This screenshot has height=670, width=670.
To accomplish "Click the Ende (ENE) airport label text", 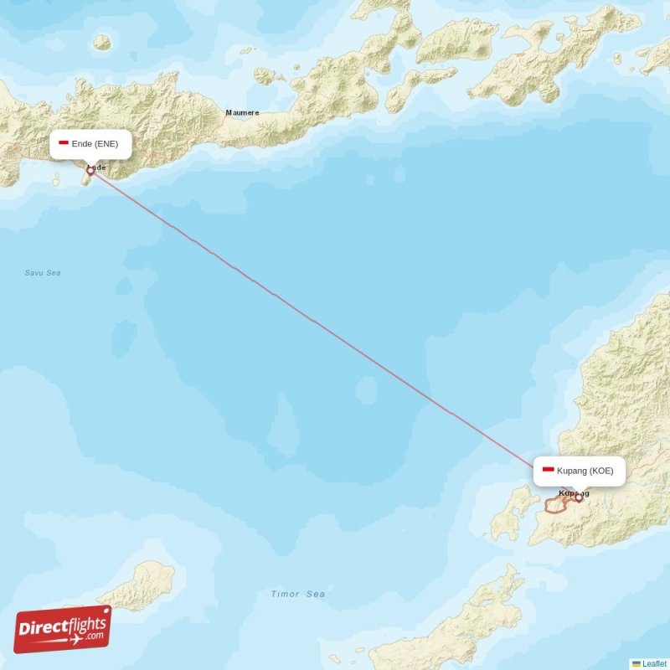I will [x=100, y=144].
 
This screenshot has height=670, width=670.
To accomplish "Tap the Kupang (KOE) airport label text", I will [x=585, y=471].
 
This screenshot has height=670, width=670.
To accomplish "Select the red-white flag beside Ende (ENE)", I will [x=63, y=143].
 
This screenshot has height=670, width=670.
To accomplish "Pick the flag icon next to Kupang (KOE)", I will [x=548, y=471].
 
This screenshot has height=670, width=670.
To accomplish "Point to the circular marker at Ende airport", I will [x=90, y=171].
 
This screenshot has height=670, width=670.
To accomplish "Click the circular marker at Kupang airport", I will [x=578, y=498].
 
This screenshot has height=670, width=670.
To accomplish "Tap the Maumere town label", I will [x=242, y=112].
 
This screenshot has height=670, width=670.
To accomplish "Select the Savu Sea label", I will [x=43, y=273].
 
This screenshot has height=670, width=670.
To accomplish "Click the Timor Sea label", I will [x=297, y=594].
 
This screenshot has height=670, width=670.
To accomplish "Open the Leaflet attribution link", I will [x=654, y=663].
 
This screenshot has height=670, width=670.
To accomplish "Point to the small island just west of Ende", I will [x=56, y=178].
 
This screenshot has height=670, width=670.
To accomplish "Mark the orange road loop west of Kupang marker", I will [x=555, y=506].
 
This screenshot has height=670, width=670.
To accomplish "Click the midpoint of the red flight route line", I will [x=334, y=335].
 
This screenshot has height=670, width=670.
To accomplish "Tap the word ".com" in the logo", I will [x=95, y=636].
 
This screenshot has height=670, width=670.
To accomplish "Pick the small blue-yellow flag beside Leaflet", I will [x=636, y=663].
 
